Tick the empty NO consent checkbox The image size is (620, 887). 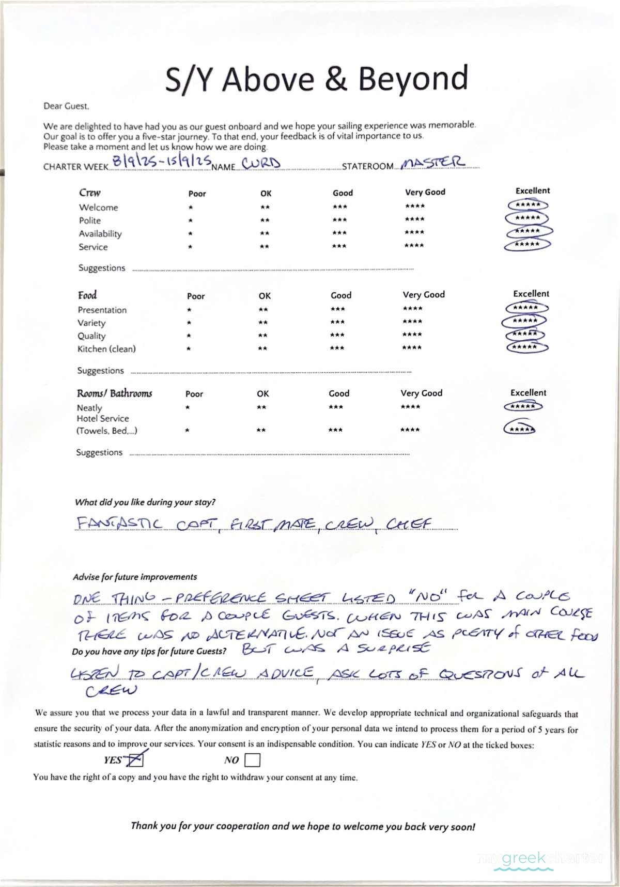(x=252, y=760)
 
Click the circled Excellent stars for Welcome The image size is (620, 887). (x=528, y=205)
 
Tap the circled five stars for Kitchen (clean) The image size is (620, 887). (x=526, y=347)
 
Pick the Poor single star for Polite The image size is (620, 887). (x=191, y=220)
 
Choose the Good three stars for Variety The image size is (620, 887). (x=337, y=322)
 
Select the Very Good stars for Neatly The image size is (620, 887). (x=410, y=407)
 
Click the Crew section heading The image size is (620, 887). (x=90, y=193)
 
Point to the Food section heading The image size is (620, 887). (x=87, y=295)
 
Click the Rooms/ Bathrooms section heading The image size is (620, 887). (x=114, y=393)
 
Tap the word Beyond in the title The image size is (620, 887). (x=413, y=78)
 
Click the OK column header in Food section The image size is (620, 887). (x=265, y=296)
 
